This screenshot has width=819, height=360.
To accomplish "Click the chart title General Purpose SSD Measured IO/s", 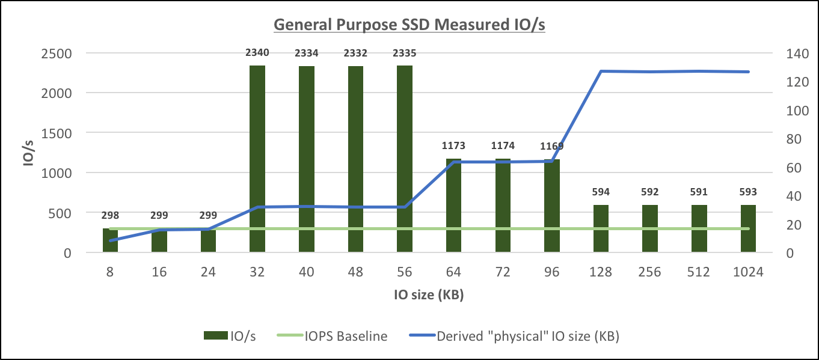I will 409,25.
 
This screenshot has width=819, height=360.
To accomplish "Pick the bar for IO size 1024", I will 748,228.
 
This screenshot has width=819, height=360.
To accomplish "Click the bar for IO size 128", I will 601,228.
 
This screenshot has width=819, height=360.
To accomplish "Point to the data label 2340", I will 257,53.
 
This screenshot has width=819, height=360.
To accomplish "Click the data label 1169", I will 551,146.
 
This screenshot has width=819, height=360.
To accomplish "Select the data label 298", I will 110,215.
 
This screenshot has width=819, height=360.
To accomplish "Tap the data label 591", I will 699,192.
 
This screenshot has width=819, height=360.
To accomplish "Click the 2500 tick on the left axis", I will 55,53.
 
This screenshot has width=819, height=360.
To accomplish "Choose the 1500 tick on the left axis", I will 55,133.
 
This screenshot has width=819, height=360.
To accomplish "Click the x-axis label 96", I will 551,272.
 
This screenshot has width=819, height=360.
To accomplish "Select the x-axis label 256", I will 649,272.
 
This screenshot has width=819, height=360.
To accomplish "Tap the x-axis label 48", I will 355,272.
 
